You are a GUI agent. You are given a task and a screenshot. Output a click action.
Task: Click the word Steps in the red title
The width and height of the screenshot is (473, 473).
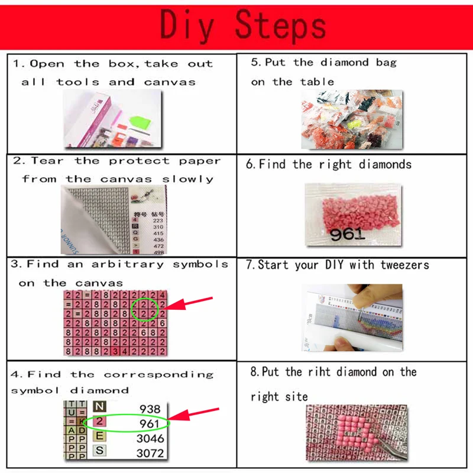pyautogui.click(x=281, y=25)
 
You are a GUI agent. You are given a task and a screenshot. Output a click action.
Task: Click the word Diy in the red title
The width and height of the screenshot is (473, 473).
pyautogui.click(x=187, y=25)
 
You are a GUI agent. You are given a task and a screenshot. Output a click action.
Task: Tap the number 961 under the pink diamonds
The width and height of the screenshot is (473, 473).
pyautogui.click(x=347, y=234)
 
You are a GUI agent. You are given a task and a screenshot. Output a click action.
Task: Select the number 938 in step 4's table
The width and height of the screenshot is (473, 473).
pyautogui.click(x=149, y=409)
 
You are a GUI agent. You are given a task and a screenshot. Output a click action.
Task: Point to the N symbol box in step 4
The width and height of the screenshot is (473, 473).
pyautogui.click(x=99, y=407)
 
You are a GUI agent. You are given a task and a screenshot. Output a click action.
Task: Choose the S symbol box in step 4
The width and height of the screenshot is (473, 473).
pyautogui.click(x=99, y=451)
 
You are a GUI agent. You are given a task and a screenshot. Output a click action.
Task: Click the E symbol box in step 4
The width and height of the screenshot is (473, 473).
pyautogui.click(x=99, y=436)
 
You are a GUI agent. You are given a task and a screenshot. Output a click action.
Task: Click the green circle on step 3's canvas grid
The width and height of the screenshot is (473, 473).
pyautogui.click(x=145, y=309)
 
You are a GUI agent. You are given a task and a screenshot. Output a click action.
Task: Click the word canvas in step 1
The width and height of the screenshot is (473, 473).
pyautogui.click(x=170, y=82)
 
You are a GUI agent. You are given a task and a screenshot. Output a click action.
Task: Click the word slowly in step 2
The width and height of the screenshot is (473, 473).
pyautogui.click(x=187, y=179)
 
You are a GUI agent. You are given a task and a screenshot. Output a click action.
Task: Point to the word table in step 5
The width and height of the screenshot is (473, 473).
pyautogui.click(x=317, y=82)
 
